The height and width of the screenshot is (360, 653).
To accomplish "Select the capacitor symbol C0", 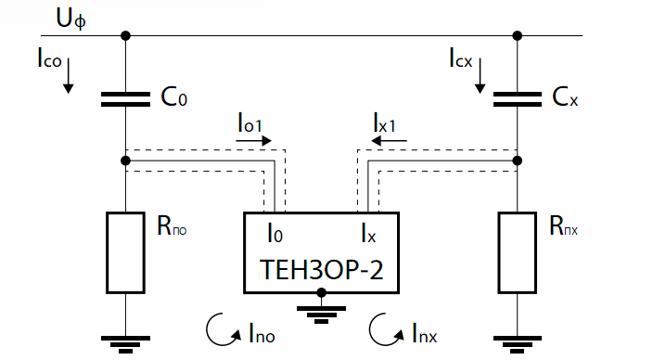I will click(126, 98).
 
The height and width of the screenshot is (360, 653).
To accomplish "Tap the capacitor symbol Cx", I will click(517, 98).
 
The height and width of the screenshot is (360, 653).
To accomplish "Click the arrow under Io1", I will click(254, 142).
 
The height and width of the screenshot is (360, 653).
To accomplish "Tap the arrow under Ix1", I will click(389, 142).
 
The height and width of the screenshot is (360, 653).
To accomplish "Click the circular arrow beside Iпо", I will click(219, 328).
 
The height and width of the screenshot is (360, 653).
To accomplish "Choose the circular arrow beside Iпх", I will click(382, 328).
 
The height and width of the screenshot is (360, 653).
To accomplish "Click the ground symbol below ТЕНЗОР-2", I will click(321, 311).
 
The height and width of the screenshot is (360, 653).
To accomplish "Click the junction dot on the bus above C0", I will click(126, 36).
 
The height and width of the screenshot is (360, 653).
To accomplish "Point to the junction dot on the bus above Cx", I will click(517, 36).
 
